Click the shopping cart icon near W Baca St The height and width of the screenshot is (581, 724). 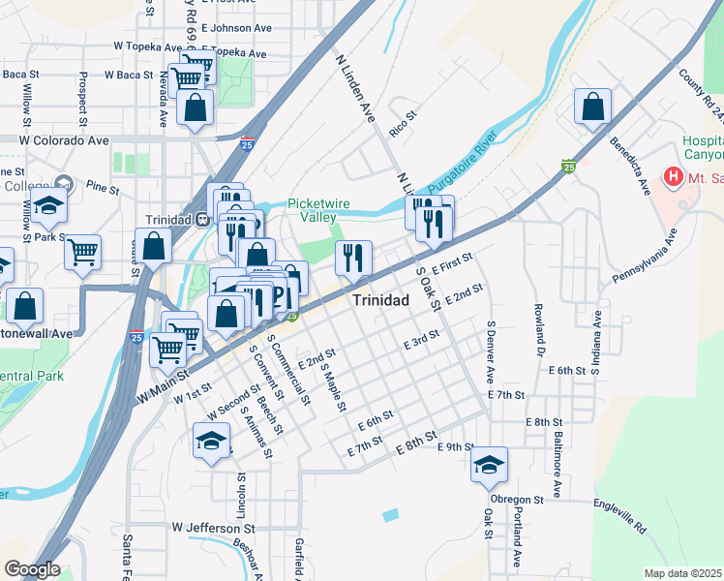tap(186, 78)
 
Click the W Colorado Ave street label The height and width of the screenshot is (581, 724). tap(66, 139)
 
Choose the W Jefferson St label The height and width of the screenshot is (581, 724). tap(213, 528)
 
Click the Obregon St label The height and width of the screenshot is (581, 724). tap(512, 499)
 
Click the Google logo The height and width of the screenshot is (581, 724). tap(31, 568)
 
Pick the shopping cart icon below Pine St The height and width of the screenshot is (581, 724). tap(82, 252)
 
